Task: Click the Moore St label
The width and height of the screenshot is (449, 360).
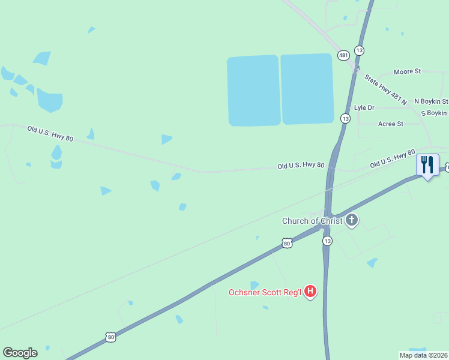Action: tap(407, 71)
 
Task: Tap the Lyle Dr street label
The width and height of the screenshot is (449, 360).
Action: tap(364, 108)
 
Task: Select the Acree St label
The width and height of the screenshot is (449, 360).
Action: tap(390, 124)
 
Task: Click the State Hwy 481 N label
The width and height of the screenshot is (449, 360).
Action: tap(385, 89)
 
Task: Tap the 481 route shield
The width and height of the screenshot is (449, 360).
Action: tap(343, 55)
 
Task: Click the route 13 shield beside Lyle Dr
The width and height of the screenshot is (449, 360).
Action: tap(345, 118)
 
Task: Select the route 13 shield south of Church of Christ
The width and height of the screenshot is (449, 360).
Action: tap(327, 241)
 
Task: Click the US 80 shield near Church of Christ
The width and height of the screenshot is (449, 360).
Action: tap(287, 243)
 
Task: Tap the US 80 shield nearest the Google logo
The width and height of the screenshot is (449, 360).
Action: tap(110, 337)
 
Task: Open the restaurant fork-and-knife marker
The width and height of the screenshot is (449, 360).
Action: tap(427, 165)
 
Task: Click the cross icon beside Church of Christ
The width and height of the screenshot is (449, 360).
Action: tap(352, 221)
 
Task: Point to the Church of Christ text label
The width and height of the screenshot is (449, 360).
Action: tap(312, 221)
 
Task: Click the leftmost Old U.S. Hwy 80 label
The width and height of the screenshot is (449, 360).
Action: tap(50, 134)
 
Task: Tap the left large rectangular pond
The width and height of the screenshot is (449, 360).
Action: tap(253, 91)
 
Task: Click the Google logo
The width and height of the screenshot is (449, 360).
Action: tap(20, 353)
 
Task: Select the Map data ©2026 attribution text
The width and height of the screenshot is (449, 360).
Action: tap(423, 355)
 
